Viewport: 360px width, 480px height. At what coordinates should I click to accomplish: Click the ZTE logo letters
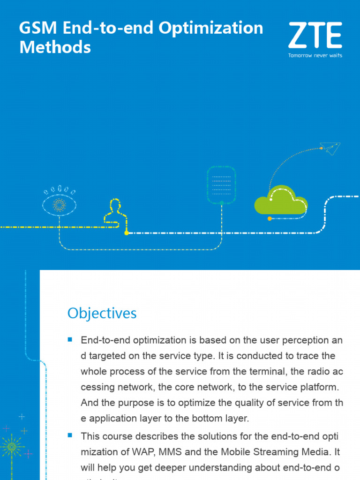coord(315,36)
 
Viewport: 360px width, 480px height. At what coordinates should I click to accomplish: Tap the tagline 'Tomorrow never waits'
coord(315,55)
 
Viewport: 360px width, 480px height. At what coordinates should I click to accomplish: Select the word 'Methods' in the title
coord(55,47)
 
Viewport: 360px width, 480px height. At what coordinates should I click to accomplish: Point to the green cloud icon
coord(280,202)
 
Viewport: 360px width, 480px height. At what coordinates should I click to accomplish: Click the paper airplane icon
coord(331,149)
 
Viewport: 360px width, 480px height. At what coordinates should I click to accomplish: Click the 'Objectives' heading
coord(102,313)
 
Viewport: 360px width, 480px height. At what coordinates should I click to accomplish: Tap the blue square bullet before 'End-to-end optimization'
coord(70,339)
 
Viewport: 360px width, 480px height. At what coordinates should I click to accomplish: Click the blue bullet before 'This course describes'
coord(70,435)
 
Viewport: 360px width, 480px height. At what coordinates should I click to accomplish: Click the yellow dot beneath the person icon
coord(126,232)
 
